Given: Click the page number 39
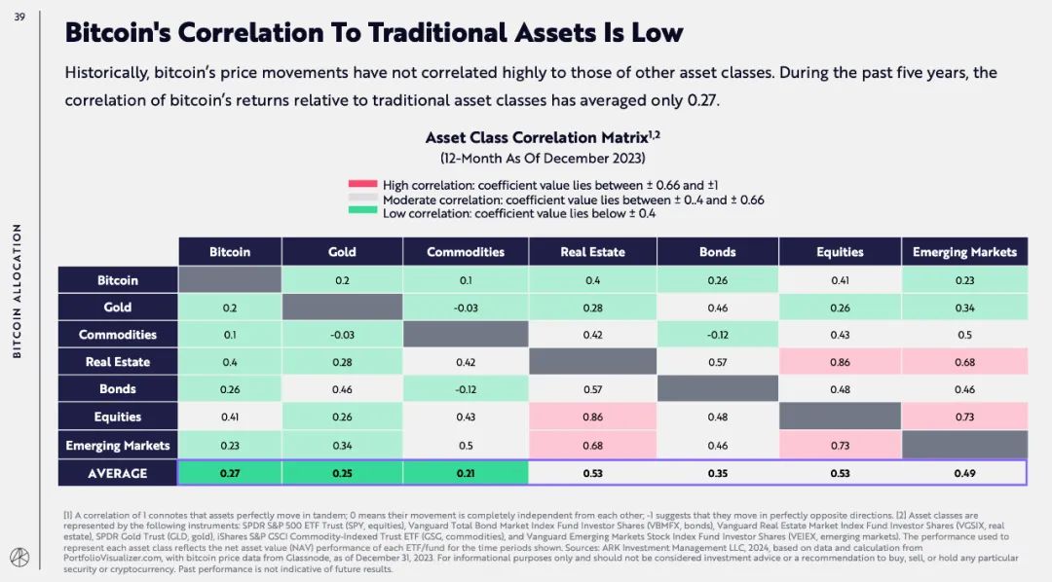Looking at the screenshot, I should (x=19, y=17).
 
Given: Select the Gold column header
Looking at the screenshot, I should (x=342, y=252).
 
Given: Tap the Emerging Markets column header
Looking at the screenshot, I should (x=964, y=252).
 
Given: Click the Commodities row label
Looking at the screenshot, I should (x=118, y=335).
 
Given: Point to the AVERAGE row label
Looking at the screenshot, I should (x=118, y=473).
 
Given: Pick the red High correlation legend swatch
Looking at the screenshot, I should (x=362, y=185).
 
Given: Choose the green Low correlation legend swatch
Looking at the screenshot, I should (x=362, y=213).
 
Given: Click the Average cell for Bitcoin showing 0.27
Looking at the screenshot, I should (x=230, y=473).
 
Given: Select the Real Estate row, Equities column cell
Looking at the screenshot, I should (x=840, y=362).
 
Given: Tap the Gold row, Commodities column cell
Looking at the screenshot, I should (x=466, y=308).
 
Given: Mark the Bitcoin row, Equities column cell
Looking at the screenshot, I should (x=840, y=280).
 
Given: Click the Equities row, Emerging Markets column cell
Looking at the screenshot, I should (x=964, y=417).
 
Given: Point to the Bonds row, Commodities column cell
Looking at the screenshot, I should (x=466, y=389).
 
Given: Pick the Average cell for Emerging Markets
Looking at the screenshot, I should (x=964, y=473).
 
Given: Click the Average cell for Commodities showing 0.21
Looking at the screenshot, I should (x=466, y=473).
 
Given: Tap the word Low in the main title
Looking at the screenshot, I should (x=657, y=32).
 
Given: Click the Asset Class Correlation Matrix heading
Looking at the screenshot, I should (x=542, y=138).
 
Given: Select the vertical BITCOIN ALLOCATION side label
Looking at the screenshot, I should (x=18, y=291).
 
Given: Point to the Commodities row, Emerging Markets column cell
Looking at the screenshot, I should (x=964, y=335).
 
